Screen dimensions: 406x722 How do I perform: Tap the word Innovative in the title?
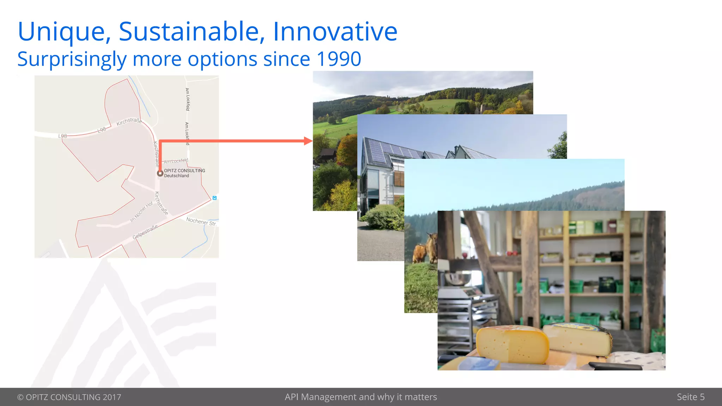click(335, 32)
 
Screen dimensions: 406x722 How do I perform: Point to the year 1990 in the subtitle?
click(339, 59)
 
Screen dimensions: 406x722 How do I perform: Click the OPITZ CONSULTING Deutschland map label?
click(184, 173)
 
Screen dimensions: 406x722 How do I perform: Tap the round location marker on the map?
click(160, 173)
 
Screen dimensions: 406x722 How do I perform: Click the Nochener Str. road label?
click(201, 221)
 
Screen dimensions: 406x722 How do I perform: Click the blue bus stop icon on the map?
click(214, 198)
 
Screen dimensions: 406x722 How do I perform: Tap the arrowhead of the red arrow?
click(308, 141)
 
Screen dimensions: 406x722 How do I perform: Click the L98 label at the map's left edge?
click(62, 136)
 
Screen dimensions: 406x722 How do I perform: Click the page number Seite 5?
click(690, 397)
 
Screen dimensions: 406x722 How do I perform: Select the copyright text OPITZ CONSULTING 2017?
click(69, 397)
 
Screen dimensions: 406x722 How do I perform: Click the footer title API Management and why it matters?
click(361, 397)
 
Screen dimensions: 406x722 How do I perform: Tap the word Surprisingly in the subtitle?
click(72, 59)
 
